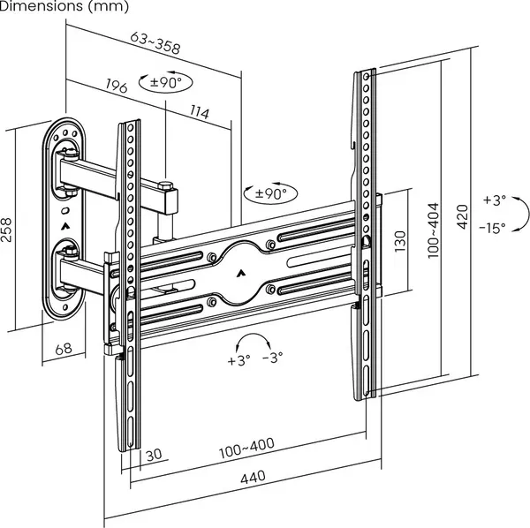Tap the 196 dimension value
click(x=117, y=86)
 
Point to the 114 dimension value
click(x=200, y=113)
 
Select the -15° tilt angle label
click(x=493, y=228)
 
